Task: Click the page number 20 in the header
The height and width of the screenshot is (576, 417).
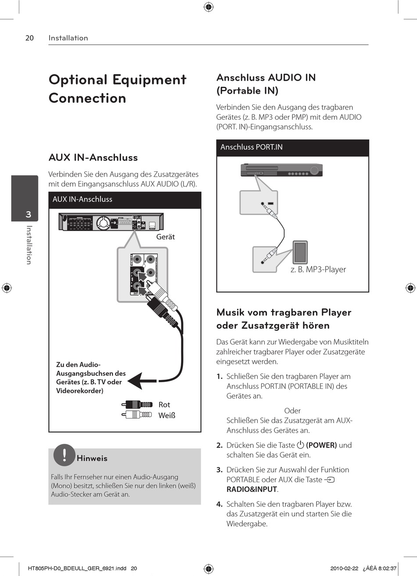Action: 29,38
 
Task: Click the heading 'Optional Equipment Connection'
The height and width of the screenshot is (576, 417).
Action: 118,89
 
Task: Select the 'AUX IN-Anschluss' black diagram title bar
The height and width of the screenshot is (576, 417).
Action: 125,199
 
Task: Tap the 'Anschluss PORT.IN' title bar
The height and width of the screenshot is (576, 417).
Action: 292,147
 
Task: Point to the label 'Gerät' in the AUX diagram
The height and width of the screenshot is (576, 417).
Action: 165,237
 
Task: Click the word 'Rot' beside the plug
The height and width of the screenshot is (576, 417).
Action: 164,405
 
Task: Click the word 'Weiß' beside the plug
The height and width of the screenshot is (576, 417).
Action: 167,415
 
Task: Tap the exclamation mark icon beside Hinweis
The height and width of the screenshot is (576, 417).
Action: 64,455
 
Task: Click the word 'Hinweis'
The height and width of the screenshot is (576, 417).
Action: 92,459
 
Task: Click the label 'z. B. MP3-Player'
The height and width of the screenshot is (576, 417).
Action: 318,270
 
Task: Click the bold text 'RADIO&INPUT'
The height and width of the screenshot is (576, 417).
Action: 252,489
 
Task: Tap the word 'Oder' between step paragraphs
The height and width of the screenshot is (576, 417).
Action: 292,411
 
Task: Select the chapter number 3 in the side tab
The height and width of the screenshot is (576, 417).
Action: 29,214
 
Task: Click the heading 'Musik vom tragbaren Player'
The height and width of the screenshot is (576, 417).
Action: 284,313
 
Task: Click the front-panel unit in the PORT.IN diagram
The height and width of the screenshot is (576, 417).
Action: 281,170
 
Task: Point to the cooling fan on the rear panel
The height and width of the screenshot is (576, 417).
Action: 102,222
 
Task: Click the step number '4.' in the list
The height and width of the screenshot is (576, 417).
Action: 219,504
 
